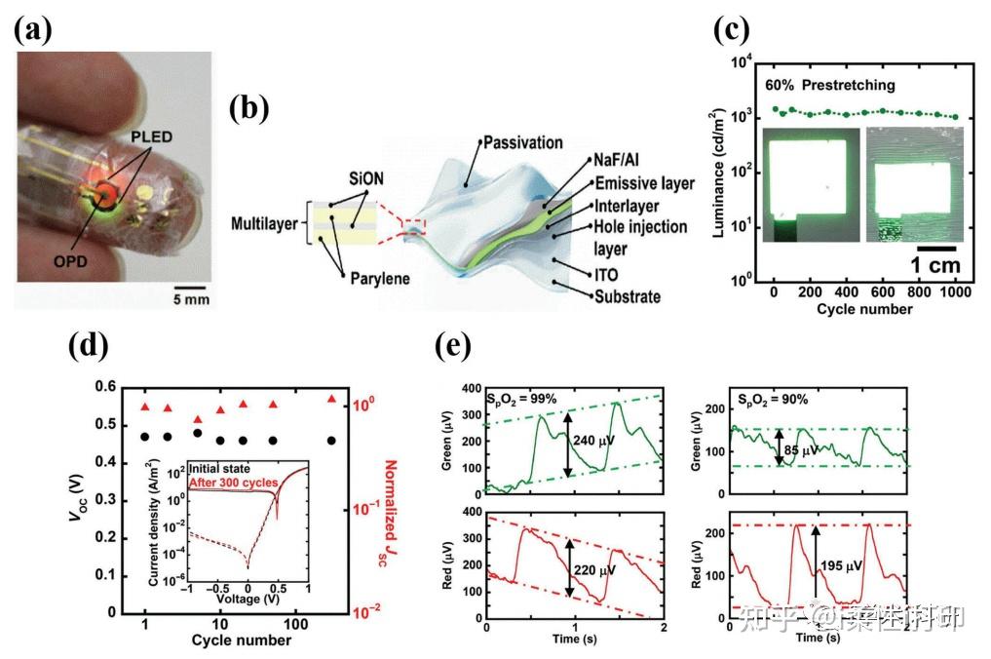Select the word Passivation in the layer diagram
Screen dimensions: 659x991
[x=525, y=142]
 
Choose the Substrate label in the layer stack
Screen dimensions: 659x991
[x=638, y=296]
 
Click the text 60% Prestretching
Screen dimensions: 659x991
[x=829, y=85]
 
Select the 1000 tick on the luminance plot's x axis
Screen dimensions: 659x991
[x=955, y=293]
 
